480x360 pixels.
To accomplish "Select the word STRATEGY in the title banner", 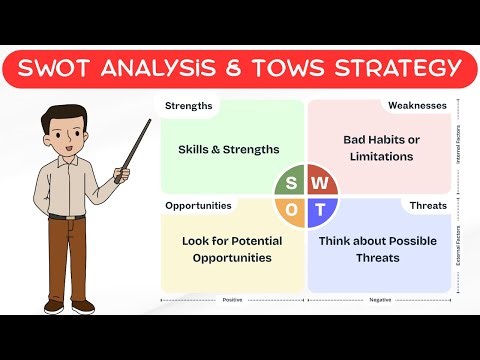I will pos(396,68).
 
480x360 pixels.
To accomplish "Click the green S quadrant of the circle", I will pos(291,182).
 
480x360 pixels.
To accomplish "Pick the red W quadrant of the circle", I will pos(321,182).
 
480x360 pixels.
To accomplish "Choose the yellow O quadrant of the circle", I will pos(291,210).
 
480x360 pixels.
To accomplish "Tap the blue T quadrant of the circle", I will pos(321,210).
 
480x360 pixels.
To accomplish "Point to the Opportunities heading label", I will pos(198,205).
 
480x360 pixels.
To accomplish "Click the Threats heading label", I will pos(428,205).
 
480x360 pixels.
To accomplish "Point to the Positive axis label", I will pos(233,298).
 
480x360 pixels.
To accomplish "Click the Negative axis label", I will pos(379,298).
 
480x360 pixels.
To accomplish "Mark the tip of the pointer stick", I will pos(150,120).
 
